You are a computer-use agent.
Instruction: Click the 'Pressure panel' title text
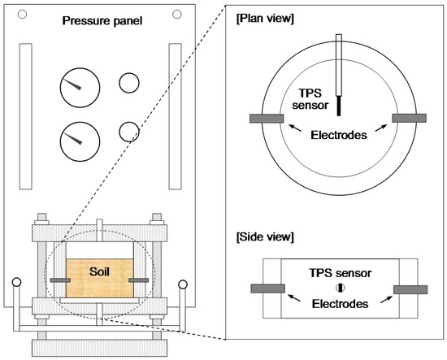tap(102, 21)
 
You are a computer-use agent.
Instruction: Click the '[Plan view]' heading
tap(265, 19)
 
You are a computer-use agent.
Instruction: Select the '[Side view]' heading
tap(265, 236)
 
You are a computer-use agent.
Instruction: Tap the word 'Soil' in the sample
tap(99, 271)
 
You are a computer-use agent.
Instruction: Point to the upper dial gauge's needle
tap(72, 85)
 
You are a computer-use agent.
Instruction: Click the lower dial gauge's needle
tap(72, 138)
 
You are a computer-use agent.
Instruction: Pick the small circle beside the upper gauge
tap(129, 83)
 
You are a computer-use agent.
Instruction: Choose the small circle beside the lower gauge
tap(129, 132)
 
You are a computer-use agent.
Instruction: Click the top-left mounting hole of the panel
tap(22, 14)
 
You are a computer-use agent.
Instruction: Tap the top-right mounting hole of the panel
tap(177, 14)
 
